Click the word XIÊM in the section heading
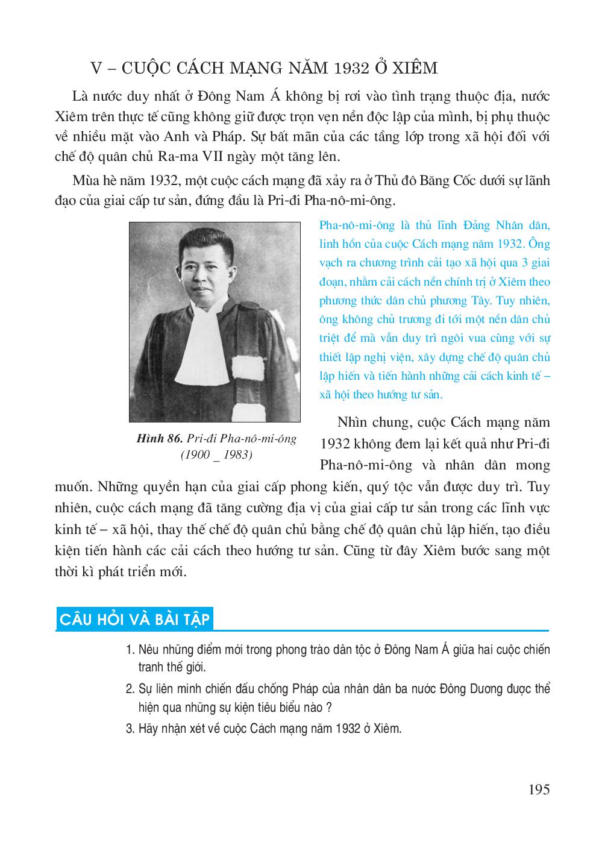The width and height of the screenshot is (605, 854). pos(415,68)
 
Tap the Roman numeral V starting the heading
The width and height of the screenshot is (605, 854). pos(95,68)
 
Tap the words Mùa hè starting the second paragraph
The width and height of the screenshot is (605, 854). pos(103,180)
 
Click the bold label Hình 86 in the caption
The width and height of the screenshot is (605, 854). pos(160,439)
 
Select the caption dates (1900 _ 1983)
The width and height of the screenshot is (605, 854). pos(216,455)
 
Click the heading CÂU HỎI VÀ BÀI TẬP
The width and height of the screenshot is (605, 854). pos(135,620)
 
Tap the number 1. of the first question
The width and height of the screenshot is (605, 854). pos(130,650)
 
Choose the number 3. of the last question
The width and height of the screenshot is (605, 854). pos(130,728)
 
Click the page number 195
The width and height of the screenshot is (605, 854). pos(538,789)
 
